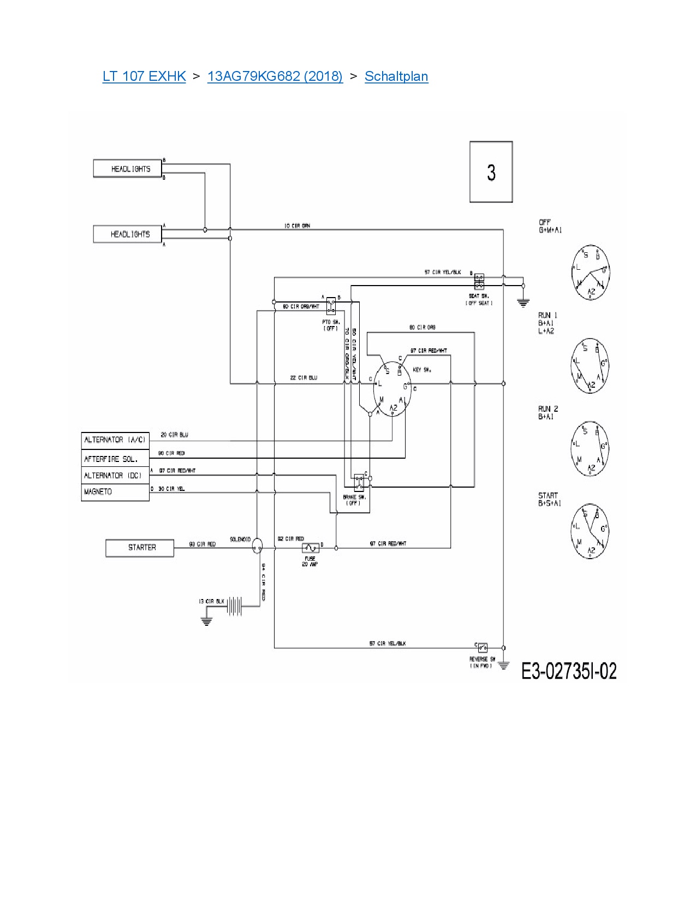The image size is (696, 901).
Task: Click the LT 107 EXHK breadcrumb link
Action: pyautogui.click(x=144, y=76)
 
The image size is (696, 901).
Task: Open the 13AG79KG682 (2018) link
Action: pyautogui.click(x=275, y=76)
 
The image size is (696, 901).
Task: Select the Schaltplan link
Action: pyautogui.click(x=396, y=76)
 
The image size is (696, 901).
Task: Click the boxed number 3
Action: pyautogui.click(x=491, y=172)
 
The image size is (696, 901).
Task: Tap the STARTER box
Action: pyautogui.click(x=140, y=548)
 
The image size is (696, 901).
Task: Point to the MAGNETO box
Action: pyautogui.click(x=115, y=492)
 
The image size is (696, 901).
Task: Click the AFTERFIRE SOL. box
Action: pyautogui.click(x=115, y=459)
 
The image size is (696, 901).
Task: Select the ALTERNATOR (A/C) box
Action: pyautogui.click(x=115, y=440)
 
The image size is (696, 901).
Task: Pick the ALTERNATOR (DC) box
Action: pyautogui.click(x=115, y=476)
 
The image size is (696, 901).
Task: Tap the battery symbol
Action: pyautogui.click(x=235, y=606)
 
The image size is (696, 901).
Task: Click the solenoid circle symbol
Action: pyautogui.click(x=257, y=546)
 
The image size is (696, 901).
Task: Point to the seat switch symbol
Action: pyautogui.click(x=479, y=281)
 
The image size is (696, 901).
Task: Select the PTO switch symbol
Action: pyautogui.click(x=331, y=306)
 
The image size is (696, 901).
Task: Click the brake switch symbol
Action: pyautogui.click(x=359, y=482)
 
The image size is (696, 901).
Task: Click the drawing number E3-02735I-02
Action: pyautogui.click(x=569, y=671)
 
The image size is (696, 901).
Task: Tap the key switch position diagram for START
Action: pyautogui.click(x=590, y=531)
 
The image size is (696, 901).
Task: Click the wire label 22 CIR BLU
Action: pyautogui.click(x=304, y=378)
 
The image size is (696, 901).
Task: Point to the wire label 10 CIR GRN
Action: pyautogui.click(x=297, y=226)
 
